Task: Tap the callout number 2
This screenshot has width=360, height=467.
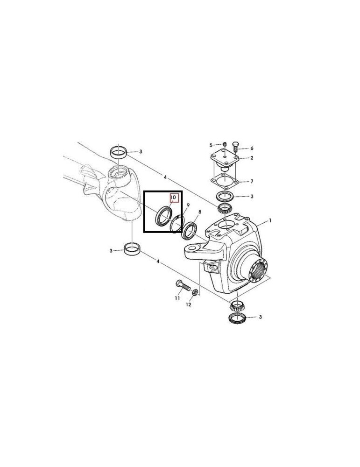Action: point(251,158)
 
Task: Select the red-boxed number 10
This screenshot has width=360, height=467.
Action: point(173,198)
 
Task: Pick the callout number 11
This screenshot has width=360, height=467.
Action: point(177,297)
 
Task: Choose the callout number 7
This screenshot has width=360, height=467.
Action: point(252,181)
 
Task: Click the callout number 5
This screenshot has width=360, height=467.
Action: point(211,145)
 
